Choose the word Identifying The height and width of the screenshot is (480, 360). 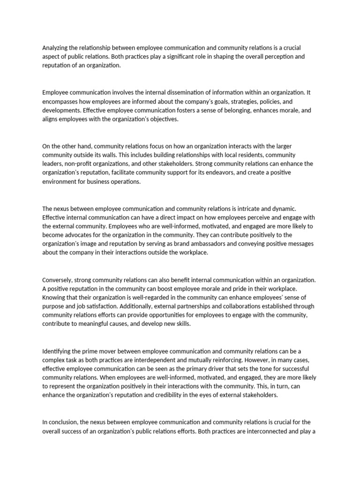tap(58, 351)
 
